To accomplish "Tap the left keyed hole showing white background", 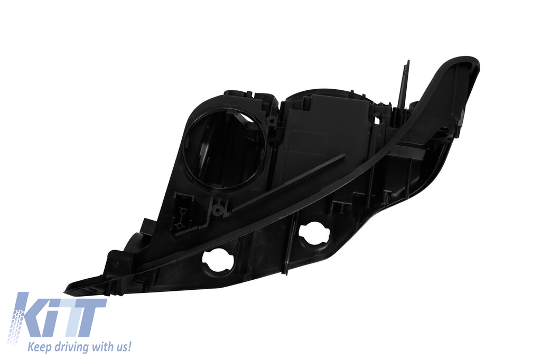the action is click(218, 261).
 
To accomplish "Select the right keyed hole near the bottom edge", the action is click(315, 233).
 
